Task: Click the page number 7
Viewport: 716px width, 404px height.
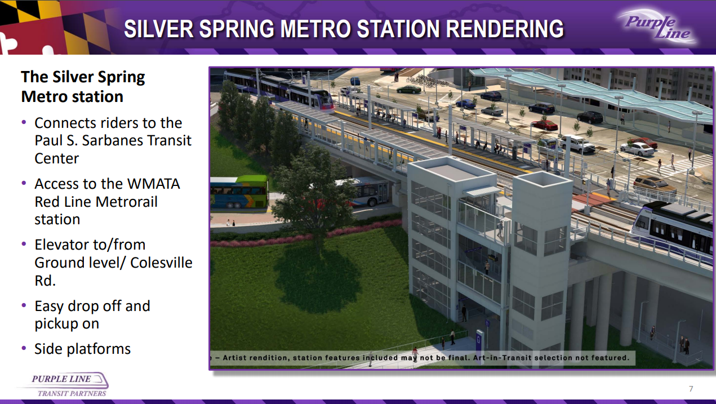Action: [x=691, y=389]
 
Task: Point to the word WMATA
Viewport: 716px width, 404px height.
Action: [x=153, y=184]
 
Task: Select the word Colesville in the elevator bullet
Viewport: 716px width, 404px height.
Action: [x=161, y=263]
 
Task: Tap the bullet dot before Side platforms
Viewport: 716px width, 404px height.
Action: [x=24, y=348]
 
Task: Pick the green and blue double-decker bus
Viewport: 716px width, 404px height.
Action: [x=239, y=192]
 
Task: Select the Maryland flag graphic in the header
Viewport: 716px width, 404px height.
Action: [x=54, y=27]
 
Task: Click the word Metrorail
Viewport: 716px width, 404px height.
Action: [x=127, y=202]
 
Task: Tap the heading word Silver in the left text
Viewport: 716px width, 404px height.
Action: [x=73, y=77]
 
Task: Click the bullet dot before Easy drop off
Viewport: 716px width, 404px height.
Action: [x=24, y=305]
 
